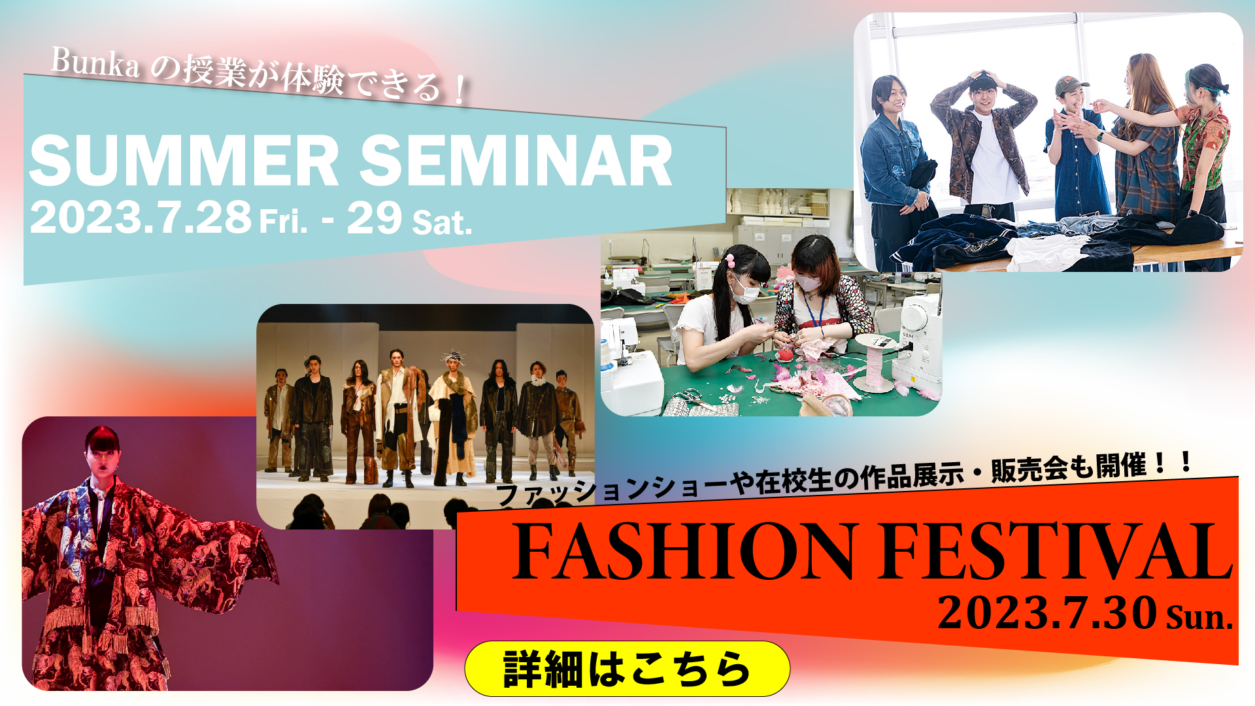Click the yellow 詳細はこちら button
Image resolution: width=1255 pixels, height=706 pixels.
point(627,669)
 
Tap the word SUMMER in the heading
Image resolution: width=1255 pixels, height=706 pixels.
point(184,161)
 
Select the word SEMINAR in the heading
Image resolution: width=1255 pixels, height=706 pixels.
point(516,161)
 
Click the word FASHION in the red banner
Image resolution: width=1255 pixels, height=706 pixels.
point(684,550)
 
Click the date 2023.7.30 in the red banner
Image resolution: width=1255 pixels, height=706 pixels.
point(1047,613)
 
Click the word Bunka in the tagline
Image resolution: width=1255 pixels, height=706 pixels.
point(95,63)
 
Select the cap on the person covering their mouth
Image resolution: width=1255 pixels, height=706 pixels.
point(1070,86)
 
